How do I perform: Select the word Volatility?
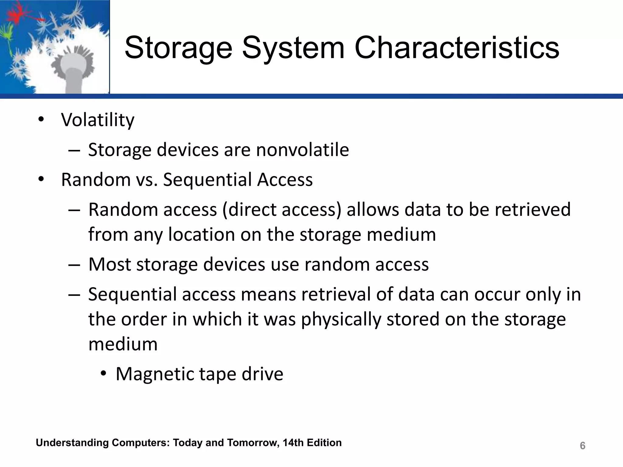pyautogui.click(x=97, y=120)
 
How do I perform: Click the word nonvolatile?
pyautogui.click(x=302, y=150)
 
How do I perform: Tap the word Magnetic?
pyautogui.click(x=155, y=374)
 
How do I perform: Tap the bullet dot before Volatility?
pyautogui.click(x=41, y=119)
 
